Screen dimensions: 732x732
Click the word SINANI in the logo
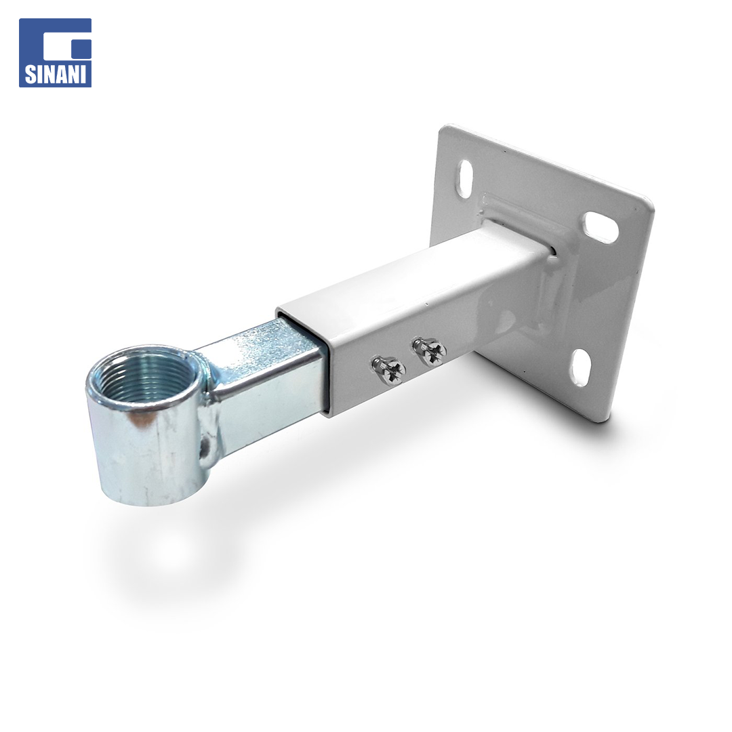(55, 75)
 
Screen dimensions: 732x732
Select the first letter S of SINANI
(29, 75)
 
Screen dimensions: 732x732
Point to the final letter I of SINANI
(84, 75)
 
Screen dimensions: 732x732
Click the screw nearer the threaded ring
(388, 370)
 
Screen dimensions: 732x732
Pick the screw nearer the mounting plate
(429, 351)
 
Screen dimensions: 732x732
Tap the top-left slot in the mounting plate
(466, 178)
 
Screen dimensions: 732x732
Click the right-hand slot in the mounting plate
(601, 227)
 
